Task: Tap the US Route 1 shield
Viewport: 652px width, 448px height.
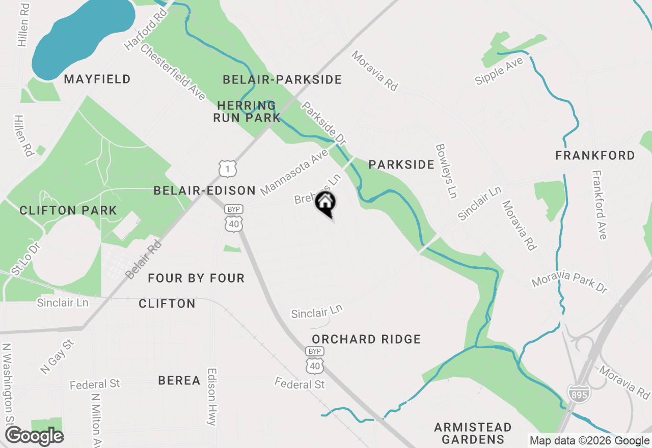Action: coord(227,168)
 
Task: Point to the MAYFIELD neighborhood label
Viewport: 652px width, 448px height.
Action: coord(97,79)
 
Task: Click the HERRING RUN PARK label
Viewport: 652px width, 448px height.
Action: coord(247,112)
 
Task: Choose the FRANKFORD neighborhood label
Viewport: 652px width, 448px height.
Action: coord(595,155)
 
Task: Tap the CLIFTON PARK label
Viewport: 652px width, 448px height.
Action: coord(68,210)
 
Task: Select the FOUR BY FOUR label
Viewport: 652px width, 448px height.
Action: coord(196,278)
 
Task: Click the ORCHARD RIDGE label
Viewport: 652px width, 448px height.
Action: coord(366,339)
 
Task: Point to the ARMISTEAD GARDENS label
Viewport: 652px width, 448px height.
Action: coord(473,433)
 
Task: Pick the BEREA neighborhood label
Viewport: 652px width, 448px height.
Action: coord(179,380)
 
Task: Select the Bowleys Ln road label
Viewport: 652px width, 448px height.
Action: coord(446,171)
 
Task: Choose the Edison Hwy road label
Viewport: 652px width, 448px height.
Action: coord(212,397)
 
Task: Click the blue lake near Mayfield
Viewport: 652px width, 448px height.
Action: coord(76,36)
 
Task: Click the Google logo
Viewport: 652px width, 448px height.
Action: coord(35,436)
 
